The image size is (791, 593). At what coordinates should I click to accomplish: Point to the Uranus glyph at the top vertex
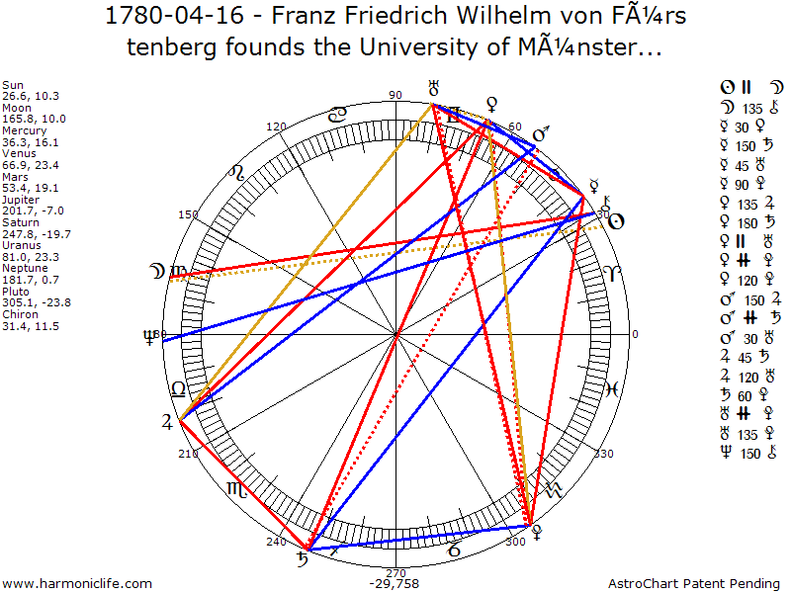point(432,89)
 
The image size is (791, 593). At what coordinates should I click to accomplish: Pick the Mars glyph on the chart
point(540,135)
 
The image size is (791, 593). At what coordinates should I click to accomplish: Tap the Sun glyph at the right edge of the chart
point(615,221)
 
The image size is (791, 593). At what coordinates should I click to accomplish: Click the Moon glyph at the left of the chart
point(155,270)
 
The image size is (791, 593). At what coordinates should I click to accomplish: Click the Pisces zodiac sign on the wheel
point(612,388)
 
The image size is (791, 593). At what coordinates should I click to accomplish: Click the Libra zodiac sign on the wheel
point(179,387)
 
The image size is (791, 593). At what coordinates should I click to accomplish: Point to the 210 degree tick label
point(188,454)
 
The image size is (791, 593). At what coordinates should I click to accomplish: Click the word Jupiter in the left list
point(21,199)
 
